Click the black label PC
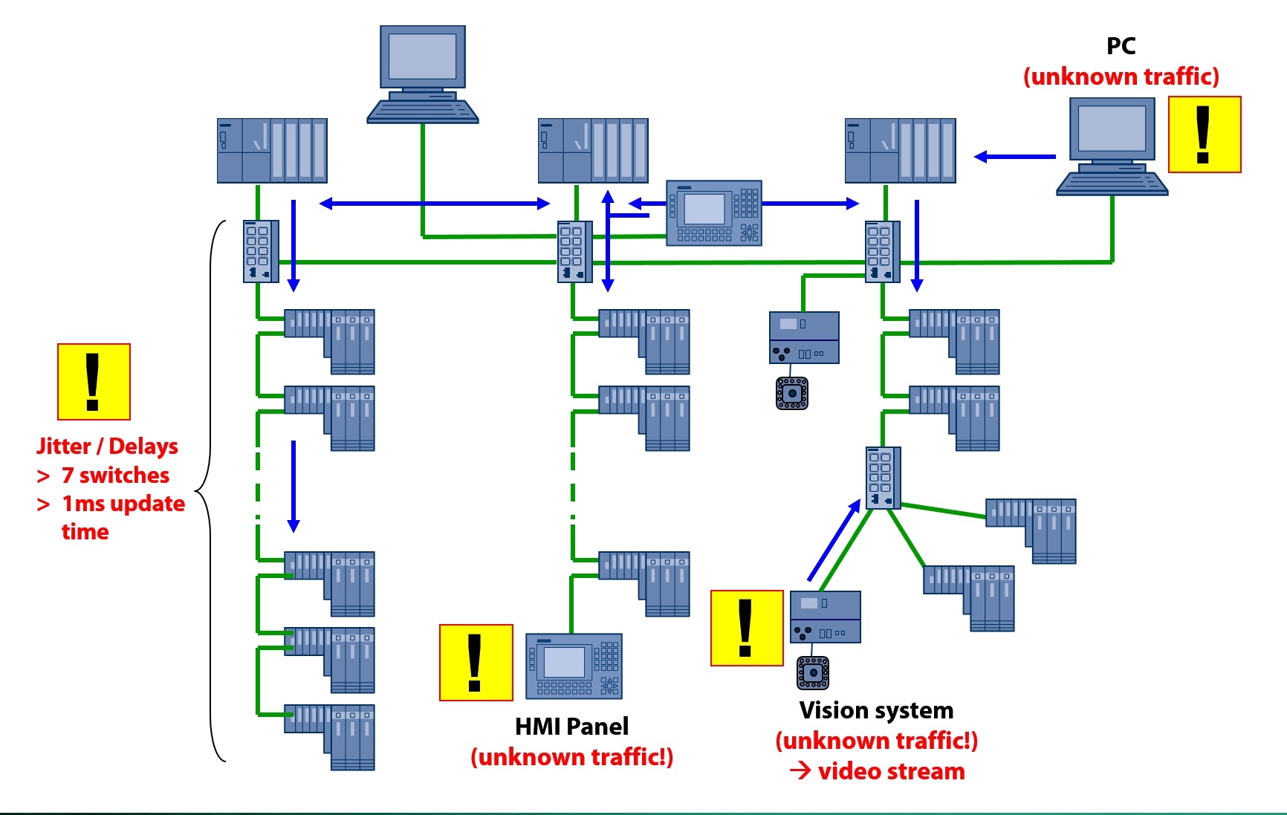[x=1121, y=46]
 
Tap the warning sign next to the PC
[x=1205, y=134]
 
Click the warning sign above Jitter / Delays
[x=94, y=382]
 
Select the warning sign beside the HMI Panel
[x=476, y=663]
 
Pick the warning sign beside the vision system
[x=747, y=628]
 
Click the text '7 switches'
[x=115, y=475]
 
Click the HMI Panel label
[x=571, y=726]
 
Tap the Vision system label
[x=876, y=710]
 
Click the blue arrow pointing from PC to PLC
[x=1014, y=157]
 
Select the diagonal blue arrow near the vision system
[x=834, y=540]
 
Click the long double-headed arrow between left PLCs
[x=435, y=203]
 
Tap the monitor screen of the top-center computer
[x=422, y=56]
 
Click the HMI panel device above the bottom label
[x=574, y=666]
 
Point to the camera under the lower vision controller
[x=812, y=672]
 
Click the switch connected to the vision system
[x=883, y=478]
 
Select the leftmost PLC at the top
[x=272, y=151]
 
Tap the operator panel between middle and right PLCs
[x=713, y=212]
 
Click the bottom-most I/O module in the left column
[x=330, y=736]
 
